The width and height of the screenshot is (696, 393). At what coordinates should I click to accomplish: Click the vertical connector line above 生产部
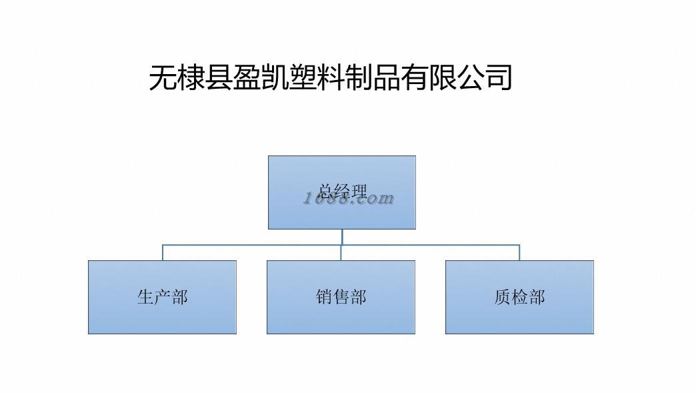pos(163,253)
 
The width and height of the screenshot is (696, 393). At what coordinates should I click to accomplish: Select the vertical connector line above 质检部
pos(519,253)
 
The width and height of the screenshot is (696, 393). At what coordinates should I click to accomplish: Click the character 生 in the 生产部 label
pos(146,297)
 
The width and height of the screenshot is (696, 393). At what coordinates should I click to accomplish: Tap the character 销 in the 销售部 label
pos(325,297)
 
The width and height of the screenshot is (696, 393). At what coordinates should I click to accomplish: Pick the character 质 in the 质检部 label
pos(503,297)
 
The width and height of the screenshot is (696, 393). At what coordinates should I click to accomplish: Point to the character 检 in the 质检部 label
pos(520,297)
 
